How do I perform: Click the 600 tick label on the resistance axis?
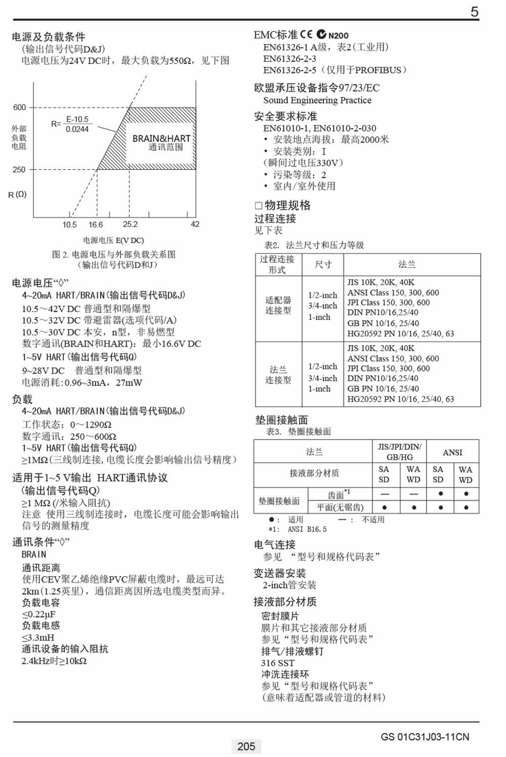[19, 107]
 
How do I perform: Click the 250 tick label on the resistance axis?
[19, 170]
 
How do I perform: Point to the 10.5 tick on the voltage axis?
[69, 224]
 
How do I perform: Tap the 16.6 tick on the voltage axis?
[96, 224]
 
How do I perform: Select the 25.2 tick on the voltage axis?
[130, 224]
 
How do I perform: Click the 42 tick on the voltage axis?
[195, 224]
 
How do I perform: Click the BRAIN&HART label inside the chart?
[161, 138]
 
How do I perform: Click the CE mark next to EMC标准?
[306, 34]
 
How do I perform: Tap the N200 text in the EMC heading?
[338, 35]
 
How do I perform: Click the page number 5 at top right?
[474, 12]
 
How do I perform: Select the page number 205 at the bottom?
[246, 746]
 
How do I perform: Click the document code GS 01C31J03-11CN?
[425, 737]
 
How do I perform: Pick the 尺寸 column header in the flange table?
[323, 264]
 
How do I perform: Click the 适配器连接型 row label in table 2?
[278, 305]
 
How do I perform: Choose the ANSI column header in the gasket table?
[452, 452]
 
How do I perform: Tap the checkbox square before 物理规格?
[258, 205]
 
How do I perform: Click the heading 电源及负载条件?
[49, 36]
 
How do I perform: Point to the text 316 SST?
[277, 663]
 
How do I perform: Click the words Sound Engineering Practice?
[317, 100]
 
